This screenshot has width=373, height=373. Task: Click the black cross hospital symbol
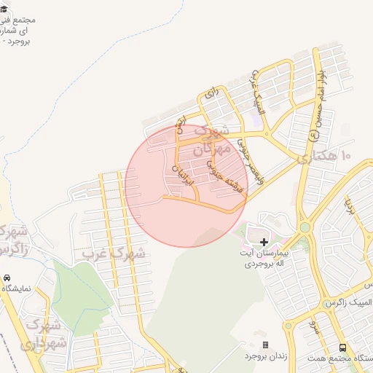[x=264, y=241]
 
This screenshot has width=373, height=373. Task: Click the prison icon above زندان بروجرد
[x=265, y=345]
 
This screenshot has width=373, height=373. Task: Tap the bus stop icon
[x=342, y=348]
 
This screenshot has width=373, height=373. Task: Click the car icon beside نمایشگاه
[x=7, y=278]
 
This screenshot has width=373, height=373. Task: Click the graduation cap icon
[x=6, y=9]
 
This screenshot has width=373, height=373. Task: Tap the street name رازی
[x=211, y=93]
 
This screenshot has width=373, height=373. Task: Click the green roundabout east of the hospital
[x=305, y=227]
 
